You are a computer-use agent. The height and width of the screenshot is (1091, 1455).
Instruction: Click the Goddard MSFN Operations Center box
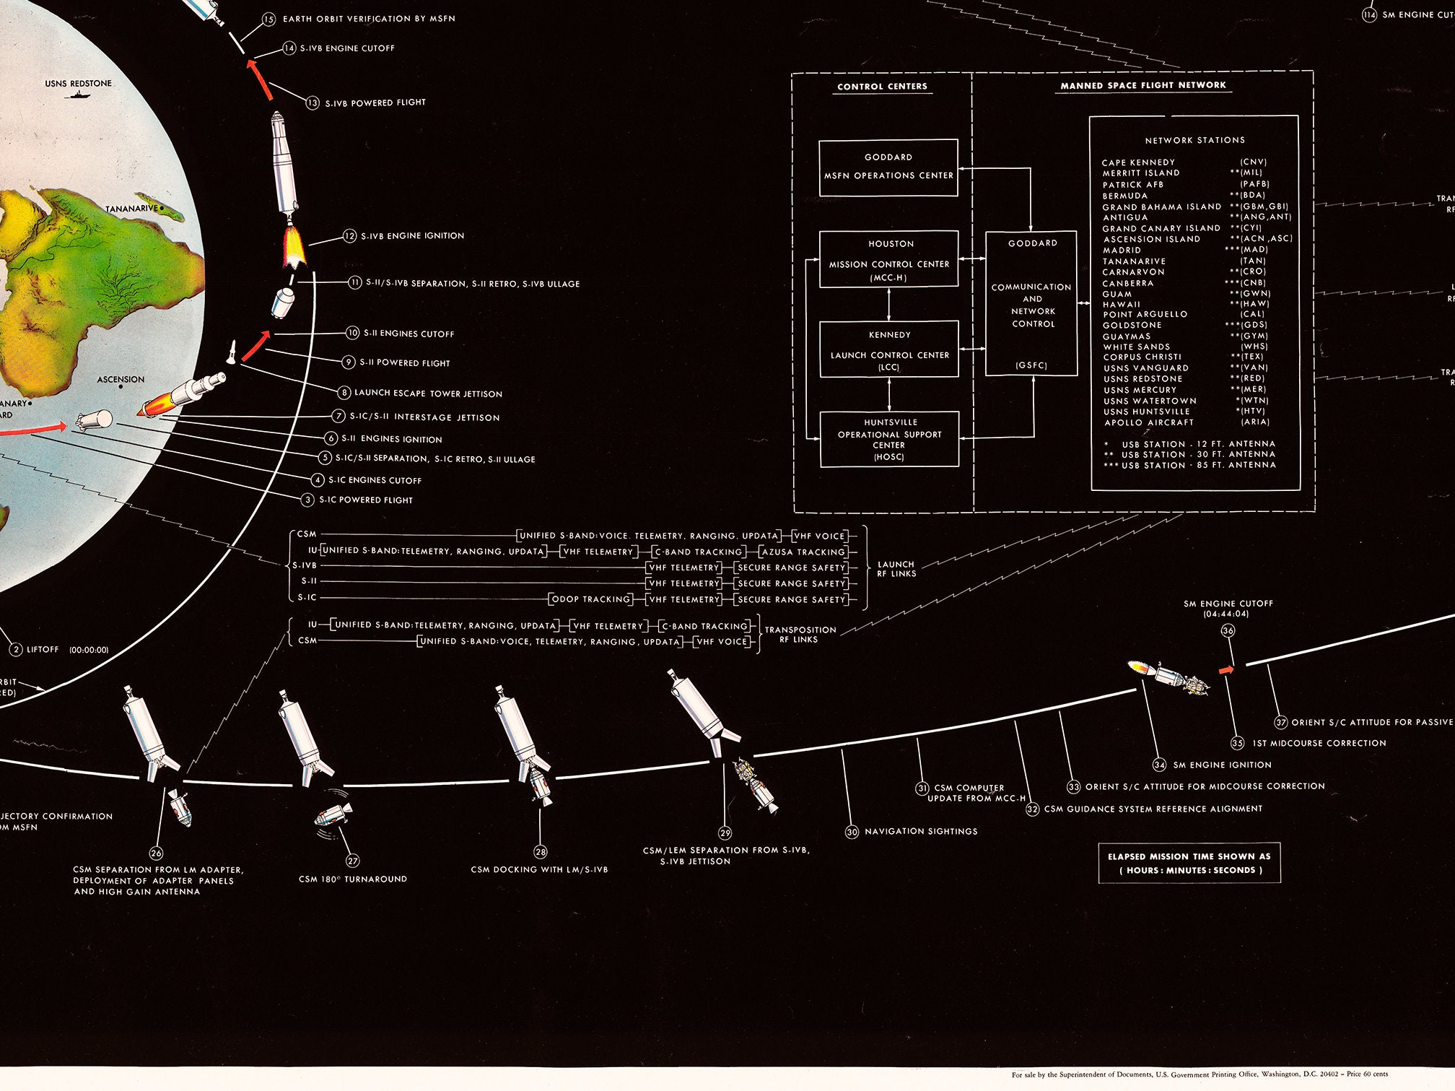tap(888, 168)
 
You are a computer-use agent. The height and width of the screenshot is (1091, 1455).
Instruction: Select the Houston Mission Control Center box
tap(888, 260)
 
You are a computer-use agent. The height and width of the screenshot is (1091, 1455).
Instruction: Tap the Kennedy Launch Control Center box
tap(888, 349)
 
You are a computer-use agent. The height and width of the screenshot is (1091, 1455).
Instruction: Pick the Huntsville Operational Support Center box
tap(889, 439)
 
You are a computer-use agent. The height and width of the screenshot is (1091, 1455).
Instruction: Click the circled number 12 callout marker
tap(350, 236)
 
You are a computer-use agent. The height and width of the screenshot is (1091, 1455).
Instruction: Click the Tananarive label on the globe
tap(131, 209)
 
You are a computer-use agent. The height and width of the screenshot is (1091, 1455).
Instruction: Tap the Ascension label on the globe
tap(121, 379)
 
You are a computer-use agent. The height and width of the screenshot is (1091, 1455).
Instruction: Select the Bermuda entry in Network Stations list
tap(1124, 196)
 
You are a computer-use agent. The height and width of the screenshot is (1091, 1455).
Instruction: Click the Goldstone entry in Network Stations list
tap(1132, 325)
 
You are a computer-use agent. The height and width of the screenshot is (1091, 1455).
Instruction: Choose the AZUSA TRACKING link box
tap(803, 552)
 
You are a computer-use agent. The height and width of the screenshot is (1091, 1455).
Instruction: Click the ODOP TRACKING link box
tap(590, 599)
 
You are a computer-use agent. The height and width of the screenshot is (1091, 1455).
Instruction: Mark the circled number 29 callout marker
tap(725, 833)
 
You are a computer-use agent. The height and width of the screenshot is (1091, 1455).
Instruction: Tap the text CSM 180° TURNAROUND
tap(352, 879)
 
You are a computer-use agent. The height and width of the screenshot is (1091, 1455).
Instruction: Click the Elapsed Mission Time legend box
tap(1189, 863)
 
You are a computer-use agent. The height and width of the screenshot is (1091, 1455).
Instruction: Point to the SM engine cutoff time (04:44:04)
tap(1226, 614)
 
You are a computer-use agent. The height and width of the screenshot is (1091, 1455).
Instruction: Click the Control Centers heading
tap(882, 87)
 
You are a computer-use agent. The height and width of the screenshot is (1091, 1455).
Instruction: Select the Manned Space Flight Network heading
tap(1142, 85)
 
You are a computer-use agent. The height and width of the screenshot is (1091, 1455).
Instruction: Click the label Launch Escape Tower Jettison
tap(428, 394)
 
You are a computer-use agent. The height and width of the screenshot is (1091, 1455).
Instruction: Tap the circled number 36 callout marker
tap(1228, 630)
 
